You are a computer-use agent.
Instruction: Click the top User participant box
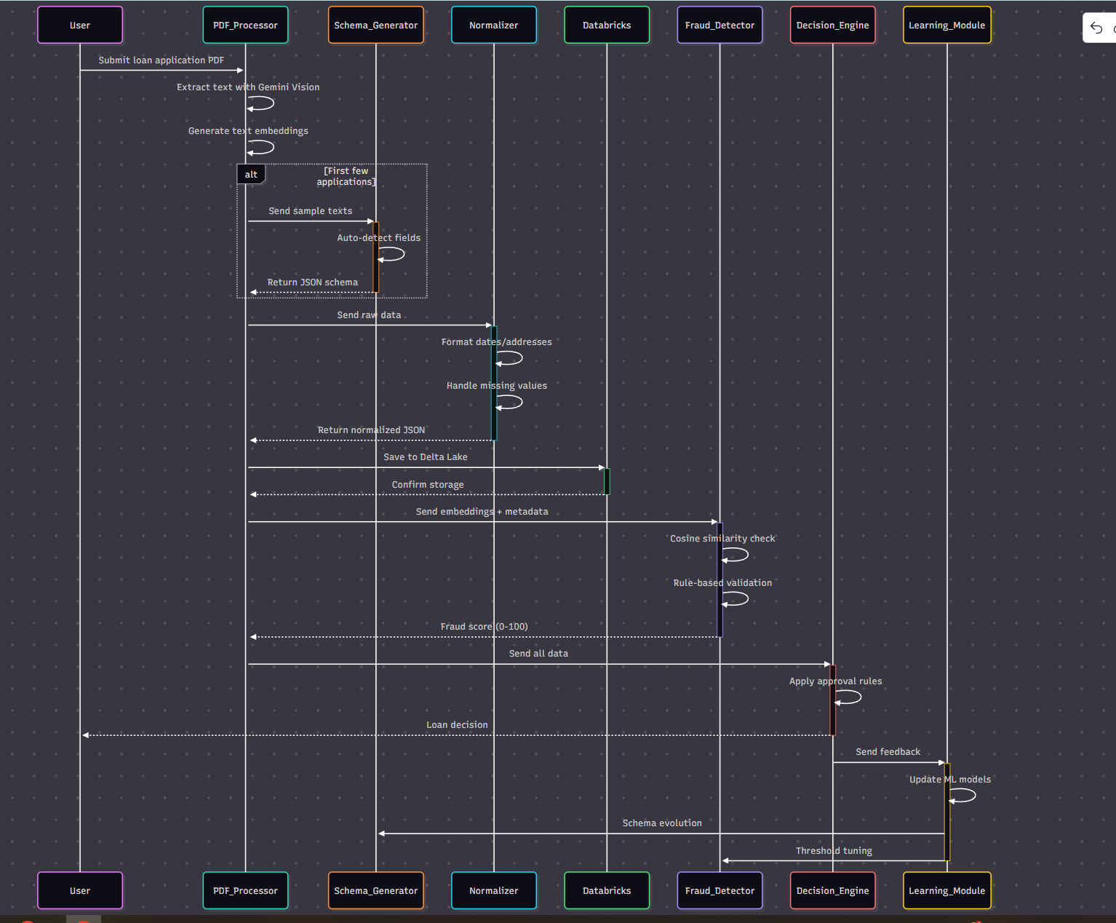(x=80, y=25)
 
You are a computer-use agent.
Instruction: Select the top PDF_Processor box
(x=245, y=25)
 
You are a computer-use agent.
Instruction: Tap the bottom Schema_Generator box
(x=375, y=890)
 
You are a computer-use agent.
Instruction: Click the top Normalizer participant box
(x=493, y=25)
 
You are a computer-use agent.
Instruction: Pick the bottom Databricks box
(x=607, y=890)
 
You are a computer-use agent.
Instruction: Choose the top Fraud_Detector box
(x=720, y=25)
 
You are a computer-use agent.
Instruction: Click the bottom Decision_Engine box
(x=832, y=890)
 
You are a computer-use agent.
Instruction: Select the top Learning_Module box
(x=946, y=25)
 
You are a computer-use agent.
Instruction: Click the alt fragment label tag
(x=251, y=175)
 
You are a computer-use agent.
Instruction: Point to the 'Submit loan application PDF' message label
(x=162, y=60)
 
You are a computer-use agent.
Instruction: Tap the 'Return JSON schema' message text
(x=312, y=282)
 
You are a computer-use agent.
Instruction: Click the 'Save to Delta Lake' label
(x=426, y=457)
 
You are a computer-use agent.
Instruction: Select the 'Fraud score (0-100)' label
(x=484, y=627)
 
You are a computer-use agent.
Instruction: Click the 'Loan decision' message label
(x=457, y=725)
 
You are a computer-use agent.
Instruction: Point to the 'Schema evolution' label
(x=662, y=823)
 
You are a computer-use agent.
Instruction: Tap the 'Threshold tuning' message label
(x=834, y=851)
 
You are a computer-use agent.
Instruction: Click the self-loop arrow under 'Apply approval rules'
(x=849, y=697)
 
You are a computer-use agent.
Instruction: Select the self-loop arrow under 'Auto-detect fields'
(x=392, y=254)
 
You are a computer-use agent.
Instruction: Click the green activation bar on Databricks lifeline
(x=607, y=481)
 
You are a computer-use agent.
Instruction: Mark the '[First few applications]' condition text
(x=346, y=176)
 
